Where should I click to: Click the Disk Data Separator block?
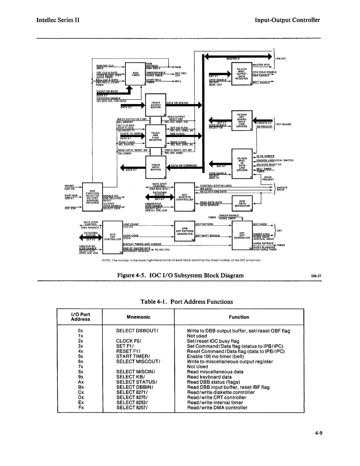(x=242, y=203)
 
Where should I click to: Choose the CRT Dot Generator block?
(x=242, y=236)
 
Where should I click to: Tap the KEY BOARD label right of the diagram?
(x=284, y=124)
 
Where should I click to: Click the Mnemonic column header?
(x=138, y=317)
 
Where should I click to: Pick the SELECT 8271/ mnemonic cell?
(x=132, y=392)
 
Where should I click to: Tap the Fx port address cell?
(x=81, y=408)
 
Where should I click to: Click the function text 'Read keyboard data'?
(x=209, y=377)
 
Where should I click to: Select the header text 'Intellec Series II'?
(x=58, y=20)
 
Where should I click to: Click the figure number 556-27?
(x=316, y=276)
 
